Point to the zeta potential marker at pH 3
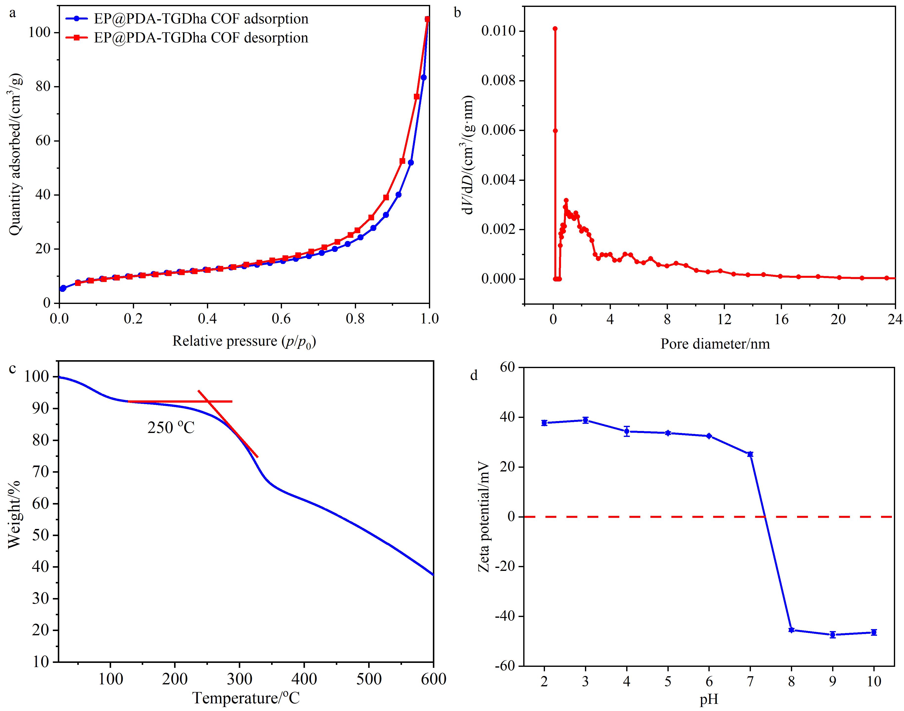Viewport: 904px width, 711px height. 585,420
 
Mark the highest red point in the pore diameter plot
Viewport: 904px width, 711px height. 555,29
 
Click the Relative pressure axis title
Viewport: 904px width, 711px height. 244,342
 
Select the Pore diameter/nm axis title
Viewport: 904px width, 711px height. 715,344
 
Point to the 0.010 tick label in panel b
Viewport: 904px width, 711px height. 498,31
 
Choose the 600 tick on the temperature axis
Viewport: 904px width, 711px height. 433,679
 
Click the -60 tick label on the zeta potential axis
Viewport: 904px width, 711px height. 504,666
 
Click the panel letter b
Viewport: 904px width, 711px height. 457,13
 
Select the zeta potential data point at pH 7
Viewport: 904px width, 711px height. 750,454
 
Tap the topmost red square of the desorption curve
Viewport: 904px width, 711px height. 427,19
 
